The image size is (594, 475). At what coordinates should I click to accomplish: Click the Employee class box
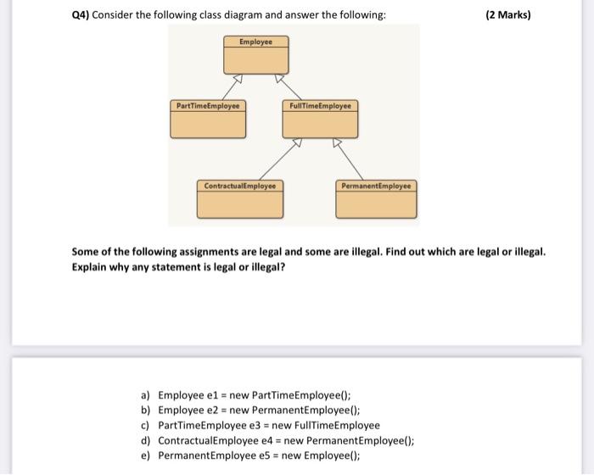[255, 55]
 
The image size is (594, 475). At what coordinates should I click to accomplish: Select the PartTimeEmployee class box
[208, 119]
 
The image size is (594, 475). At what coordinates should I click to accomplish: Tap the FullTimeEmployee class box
[319, 119]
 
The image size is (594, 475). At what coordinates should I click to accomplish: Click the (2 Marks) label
[508, 14]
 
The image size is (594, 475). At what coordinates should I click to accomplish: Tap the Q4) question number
[82, 14]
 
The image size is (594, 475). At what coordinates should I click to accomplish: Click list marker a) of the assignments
[146, 394]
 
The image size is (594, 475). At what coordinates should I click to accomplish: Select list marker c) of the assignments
[146, 425]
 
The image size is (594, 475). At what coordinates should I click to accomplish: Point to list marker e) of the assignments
[146, 455]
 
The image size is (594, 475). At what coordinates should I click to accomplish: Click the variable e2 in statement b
[212, 410]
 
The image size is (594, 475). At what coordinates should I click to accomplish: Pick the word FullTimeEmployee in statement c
[338, 425]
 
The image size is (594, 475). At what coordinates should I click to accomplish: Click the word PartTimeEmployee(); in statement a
[301, 394]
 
